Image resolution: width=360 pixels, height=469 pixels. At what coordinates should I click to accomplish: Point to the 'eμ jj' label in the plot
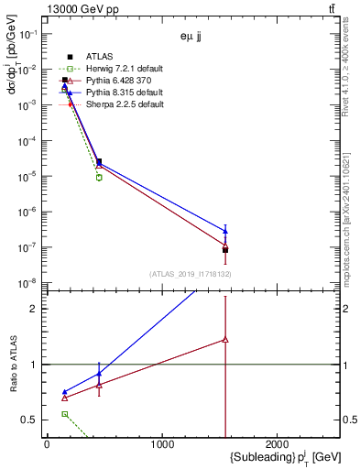click(x=191, y=38)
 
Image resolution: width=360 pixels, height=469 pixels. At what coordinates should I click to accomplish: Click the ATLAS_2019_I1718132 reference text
click(x=191, y=273)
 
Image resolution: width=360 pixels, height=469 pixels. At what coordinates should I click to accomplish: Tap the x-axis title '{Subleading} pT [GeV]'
click(x=260, y=456)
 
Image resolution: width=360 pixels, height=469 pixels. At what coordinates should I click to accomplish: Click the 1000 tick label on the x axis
click(x=162, y=443)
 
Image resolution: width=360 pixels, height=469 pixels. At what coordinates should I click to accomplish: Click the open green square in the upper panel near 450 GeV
click(x=99, y=177)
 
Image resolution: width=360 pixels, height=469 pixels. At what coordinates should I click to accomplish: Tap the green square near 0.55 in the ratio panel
click(x=64, y=414)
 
